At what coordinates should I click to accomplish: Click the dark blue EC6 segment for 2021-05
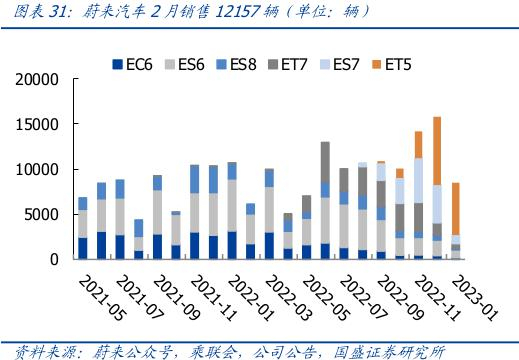point(82,248)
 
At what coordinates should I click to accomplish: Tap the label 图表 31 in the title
point(32,12)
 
